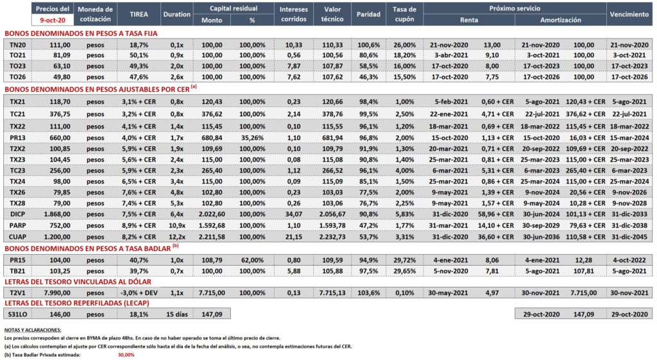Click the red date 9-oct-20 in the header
click(53, 20)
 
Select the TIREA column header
click(139, 14)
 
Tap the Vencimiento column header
click(629, 14)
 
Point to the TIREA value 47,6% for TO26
click(139, 77)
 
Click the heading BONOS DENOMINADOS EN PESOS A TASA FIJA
click(81, 33)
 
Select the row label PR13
click(17, 138)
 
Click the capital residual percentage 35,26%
click(252, 138)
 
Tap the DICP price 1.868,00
click(57, 214)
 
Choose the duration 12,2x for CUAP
click(176, 237)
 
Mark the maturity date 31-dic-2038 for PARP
click(629, 225)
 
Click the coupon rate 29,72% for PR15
click(404, 261)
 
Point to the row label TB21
click(17, 271)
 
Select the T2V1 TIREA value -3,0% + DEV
click(139, 293)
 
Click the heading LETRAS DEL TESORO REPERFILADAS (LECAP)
click(77, 303)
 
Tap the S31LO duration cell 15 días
click(176, 314)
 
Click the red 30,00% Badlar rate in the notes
click(126, 355)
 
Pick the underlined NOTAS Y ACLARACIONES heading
click(33, 330)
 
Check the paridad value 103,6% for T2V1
click(368, 293)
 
